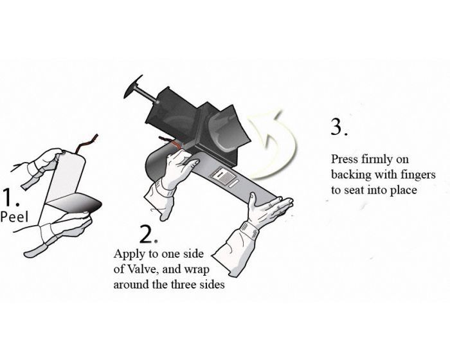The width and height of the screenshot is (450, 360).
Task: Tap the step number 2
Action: click(147, 233)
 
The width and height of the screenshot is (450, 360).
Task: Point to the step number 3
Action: click(339, 127)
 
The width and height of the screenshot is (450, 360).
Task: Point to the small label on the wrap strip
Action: click(226, 176)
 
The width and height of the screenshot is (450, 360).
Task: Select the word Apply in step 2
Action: click(128, 253)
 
